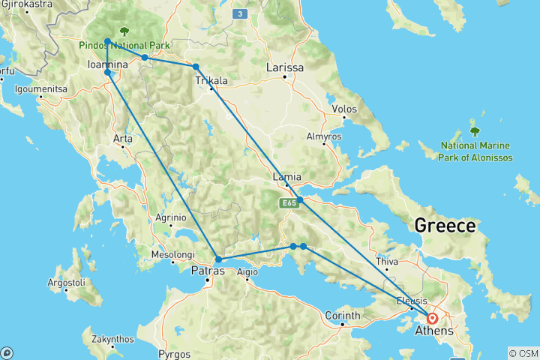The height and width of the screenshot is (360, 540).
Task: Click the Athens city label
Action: [439, 331]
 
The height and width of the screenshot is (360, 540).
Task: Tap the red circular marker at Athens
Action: [433, 318]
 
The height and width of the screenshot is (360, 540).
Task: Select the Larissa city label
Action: [286, 68]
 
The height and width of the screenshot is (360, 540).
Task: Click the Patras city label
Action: [208, 271]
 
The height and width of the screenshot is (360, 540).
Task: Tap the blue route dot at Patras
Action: [217, 259]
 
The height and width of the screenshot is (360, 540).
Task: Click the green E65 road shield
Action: [291, 202]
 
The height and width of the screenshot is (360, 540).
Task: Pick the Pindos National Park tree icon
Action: [122, 32]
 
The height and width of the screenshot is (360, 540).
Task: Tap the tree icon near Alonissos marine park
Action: [474, 131]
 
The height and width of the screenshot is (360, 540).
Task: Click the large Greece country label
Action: [445, 226]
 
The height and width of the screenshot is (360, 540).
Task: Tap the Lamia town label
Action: [288, 177]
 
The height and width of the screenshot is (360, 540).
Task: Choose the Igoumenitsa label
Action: [40, 88]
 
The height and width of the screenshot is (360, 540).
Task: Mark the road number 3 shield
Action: [238, 13]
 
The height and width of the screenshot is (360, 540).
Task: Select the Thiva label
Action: [387, 262]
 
